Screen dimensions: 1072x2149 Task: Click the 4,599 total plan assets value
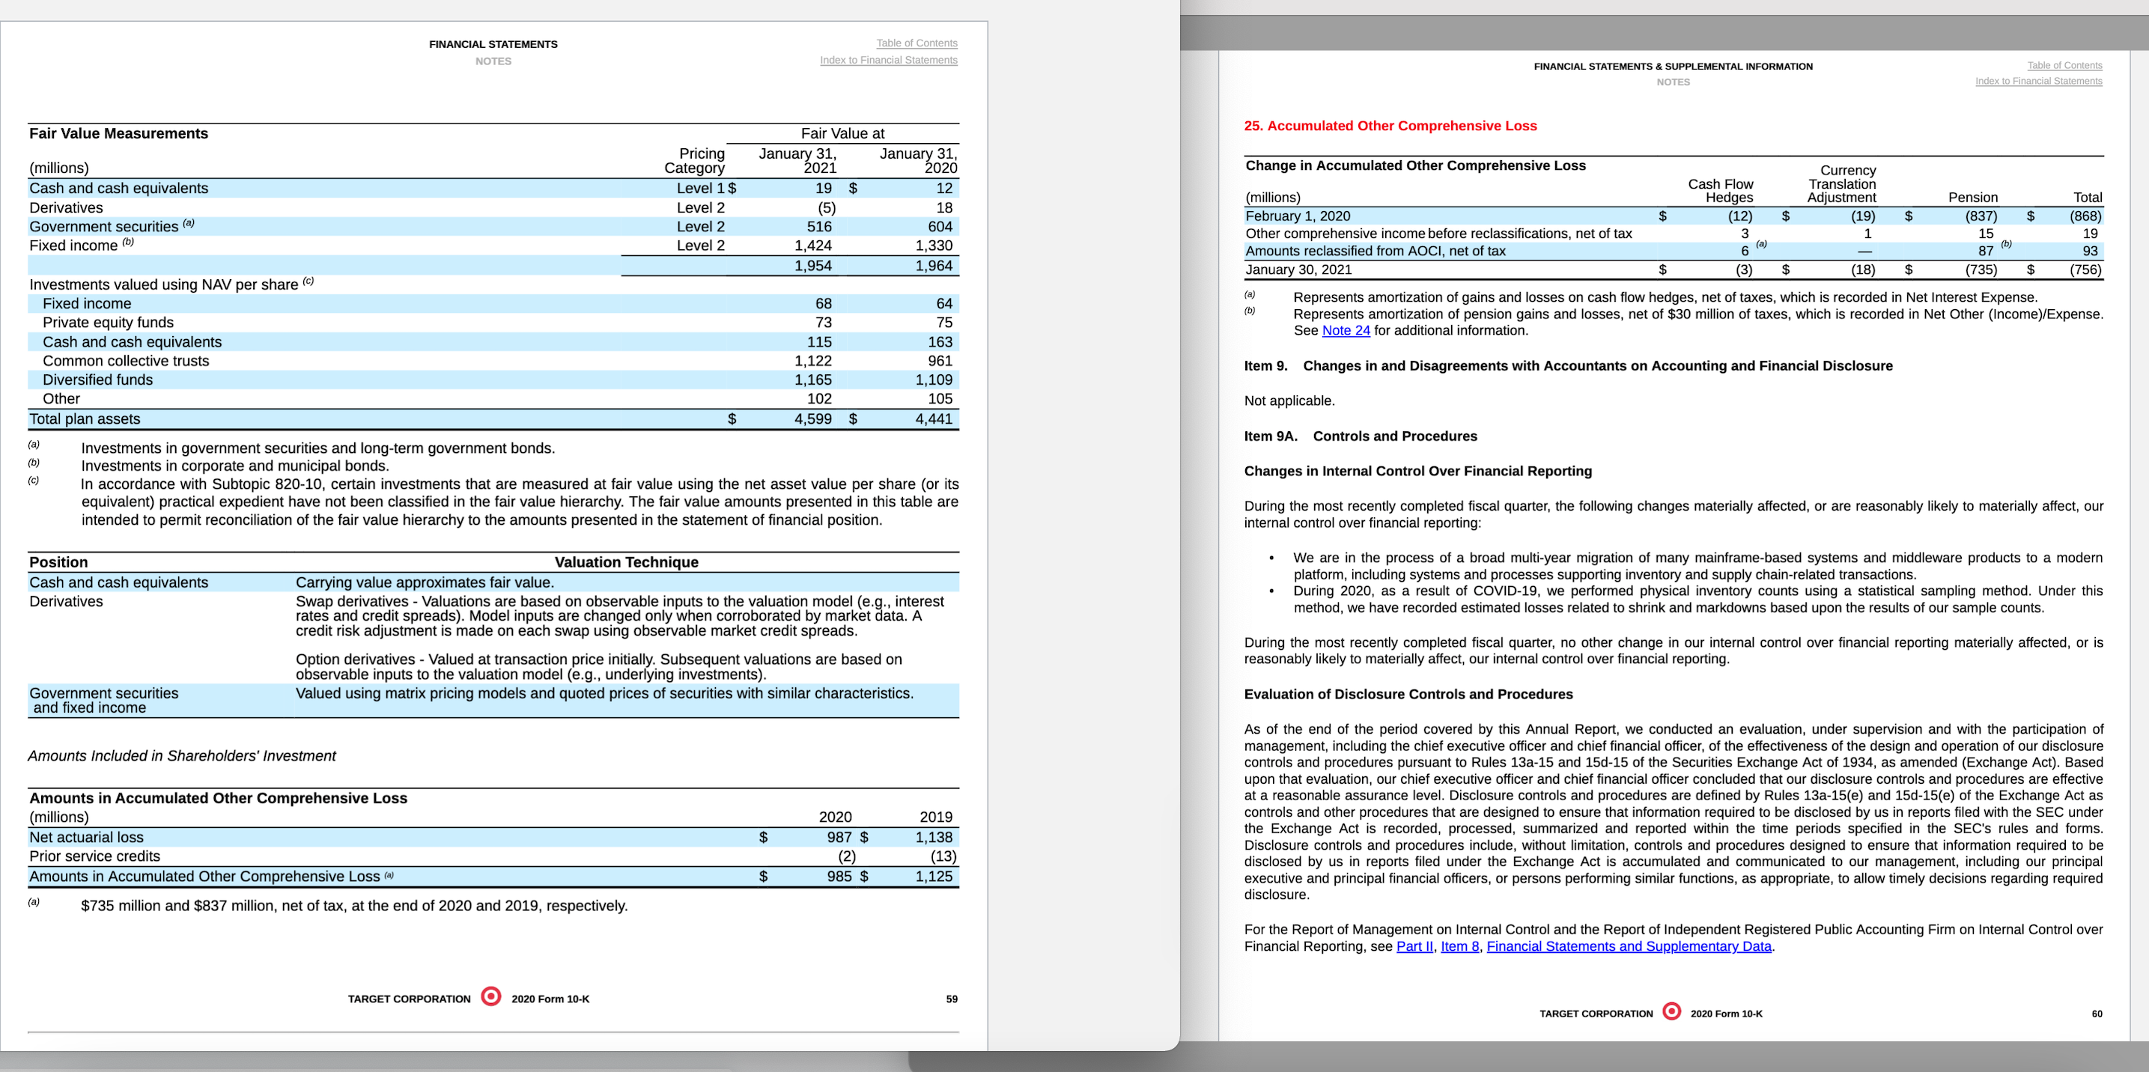pyautogui.click(x=812, y=418)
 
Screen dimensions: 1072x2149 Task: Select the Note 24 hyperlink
pyautogui.click(x=1346, y=330)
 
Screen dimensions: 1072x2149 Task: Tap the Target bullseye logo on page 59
pyautogui.click(x=491, y=996)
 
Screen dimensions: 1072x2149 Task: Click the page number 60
pyautogui.click(x=2097, y=1014)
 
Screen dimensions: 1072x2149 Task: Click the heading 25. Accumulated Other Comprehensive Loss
pyautogui.click(x=1390, y=126)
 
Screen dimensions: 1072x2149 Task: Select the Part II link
pyautogui.click(x=1414, y=946)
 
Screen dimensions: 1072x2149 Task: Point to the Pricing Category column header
pyautogui.click(x=695, y=160)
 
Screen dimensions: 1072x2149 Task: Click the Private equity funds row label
pyautogui.click(x=109, y=323)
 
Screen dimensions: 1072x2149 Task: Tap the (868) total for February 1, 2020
pyautogui.click(x=2085, y=216)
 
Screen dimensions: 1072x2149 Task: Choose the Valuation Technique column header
pyautogui.click(x=627, y=562)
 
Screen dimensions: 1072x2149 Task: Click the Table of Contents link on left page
pyautogui.click(x=916, y=43)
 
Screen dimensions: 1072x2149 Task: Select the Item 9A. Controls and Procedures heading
pyautogui.click(x=1361, y=436)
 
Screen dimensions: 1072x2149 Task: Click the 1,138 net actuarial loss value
pyautogui.click(x=934, y=837)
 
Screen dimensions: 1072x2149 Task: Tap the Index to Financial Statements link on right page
pyautogui.click(x=2038, y=81)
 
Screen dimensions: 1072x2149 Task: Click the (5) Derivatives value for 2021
pyautogui.click(x=826, y=207)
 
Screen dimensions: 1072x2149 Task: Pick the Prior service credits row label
pyautogui.click(x=95, y=856)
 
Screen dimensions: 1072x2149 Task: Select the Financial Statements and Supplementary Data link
pyautogui.click(x=1629, y=946)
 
